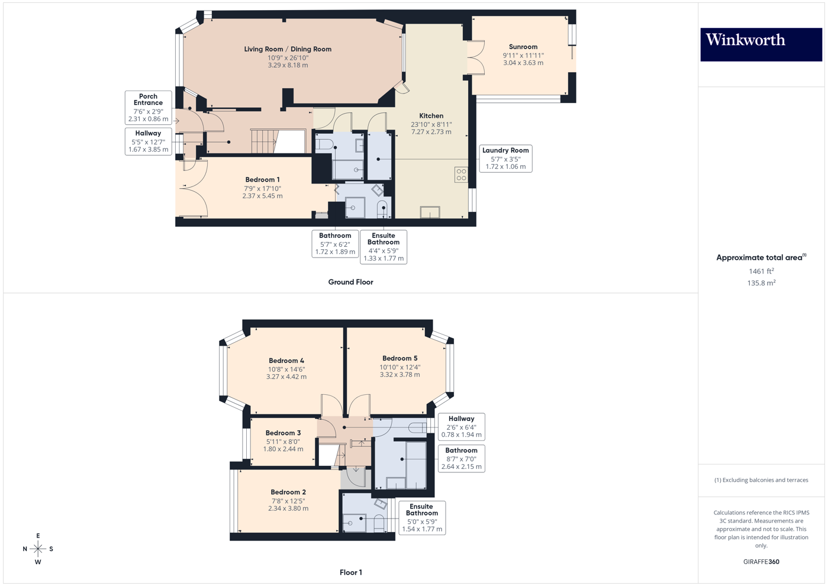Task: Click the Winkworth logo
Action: [761, 44]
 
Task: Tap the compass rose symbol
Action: [38, 549]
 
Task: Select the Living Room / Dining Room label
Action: [288, 49]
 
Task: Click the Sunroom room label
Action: [523, 47]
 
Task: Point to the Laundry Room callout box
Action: [505, 159]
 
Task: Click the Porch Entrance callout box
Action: [148, 107]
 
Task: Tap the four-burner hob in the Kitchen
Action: [461, 175]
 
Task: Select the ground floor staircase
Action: [263, 141]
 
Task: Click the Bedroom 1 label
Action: [262, 180]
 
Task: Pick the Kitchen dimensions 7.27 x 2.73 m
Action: [431, 132]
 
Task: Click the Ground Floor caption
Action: [350, 282]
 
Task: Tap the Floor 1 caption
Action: [350, 572]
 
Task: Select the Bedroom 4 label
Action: [286, 360]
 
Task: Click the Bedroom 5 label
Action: [399, 358]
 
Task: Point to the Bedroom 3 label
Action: [283, 433]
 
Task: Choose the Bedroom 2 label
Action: [288, 492]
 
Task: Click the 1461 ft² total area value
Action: [761, 271]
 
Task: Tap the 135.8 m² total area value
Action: [761, 283]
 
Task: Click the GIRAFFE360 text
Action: [761, 562]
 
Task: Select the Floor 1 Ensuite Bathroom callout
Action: [421, 518]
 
